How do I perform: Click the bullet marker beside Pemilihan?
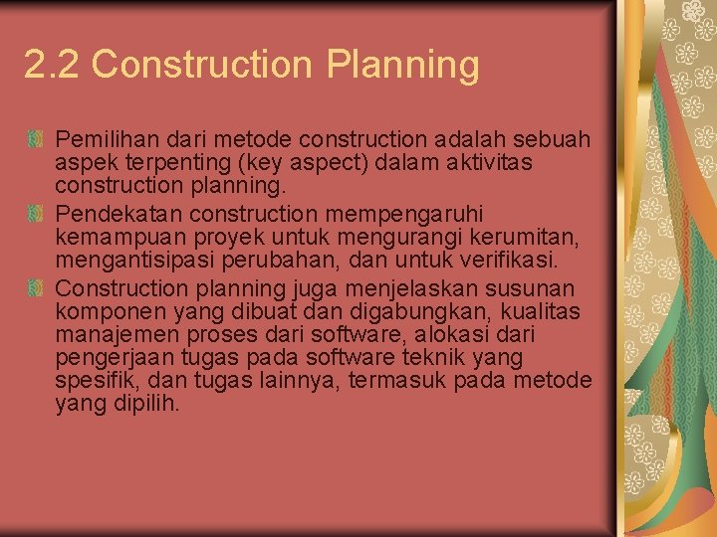click(36, 137)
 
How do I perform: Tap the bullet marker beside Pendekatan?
click(36, 213)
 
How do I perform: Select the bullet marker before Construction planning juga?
click(36, 288)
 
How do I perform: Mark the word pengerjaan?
click(109, 358)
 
